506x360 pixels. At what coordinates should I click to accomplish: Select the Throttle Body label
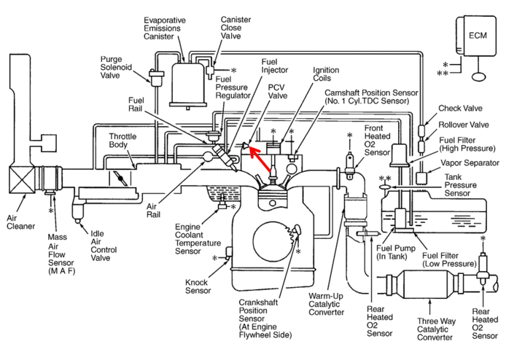[122, 141]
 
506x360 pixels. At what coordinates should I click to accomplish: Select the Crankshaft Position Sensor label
[265, 318]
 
